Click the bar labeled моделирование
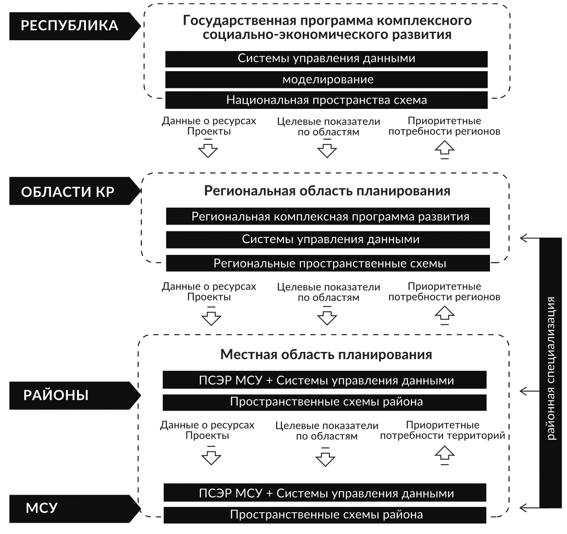[326, 80]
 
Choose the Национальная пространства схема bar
[326, 100]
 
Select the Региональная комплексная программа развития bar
[328, 216]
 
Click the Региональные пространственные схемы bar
[328, 263]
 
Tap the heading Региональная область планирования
[327, 191]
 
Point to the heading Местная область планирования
[326, 355]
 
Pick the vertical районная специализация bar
[550, 373]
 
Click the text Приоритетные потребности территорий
[443, 430]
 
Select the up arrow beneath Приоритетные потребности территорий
[445, 454]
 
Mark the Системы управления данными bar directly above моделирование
[326, 59]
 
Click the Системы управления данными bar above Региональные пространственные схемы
[328, 239]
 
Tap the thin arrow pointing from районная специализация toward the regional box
[530, 238]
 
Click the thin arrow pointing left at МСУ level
[530, 508]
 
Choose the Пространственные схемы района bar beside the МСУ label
[325, 515]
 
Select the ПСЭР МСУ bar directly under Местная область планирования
[325, 380]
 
